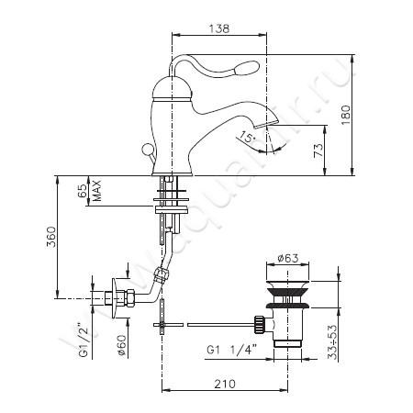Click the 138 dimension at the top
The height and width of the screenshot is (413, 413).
click(219, 28)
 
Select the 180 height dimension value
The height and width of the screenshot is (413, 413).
click(346, 115)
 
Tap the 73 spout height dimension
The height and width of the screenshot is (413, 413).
click(318, 151)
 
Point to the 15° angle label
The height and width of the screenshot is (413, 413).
click(247, 137)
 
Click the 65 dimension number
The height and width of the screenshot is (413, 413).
click(82, 191)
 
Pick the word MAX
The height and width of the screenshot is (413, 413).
click(97, 191)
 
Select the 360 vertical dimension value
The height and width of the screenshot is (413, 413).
click(51, 237)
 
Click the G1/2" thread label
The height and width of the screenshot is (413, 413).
click(84, 340)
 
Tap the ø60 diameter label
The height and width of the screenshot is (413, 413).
click(121, 345)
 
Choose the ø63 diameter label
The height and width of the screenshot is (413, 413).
click(288, 259)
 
